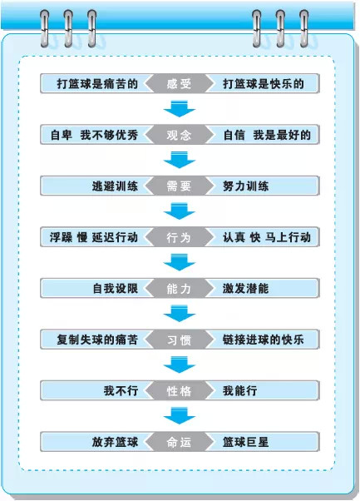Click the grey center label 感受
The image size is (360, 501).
click(179, 84)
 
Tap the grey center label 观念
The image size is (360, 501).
click(179, 135)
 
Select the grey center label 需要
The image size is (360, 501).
click(179, 186)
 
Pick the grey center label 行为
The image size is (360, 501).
click(179, 237)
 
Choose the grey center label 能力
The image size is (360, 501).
click(179, 288)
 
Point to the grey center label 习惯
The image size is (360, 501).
click(179, 340)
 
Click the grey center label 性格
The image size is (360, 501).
click(179, 390)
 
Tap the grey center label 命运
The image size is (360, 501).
click(179, 442)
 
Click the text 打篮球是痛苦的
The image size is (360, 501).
click(97, 84)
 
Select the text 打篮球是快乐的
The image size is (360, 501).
click(264, 84)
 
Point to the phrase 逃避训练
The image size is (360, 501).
click(115, 186)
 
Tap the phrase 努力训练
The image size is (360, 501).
click(246, 186)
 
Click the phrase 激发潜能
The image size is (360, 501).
click(246, 288)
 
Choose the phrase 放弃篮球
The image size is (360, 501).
click(115, 442)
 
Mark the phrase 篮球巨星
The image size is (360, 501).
click(246, 442)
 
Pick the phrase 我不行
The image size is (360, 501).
click(121, 390)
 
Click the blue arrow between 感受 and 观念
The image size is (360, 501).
click(180, 109)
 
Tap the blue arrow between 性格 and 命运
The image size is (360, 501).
click(180, 415)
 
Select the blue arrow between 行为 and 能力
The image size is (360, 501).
click(180, 262)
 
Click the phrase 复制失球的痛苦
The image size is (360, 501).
click(97, 340)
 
